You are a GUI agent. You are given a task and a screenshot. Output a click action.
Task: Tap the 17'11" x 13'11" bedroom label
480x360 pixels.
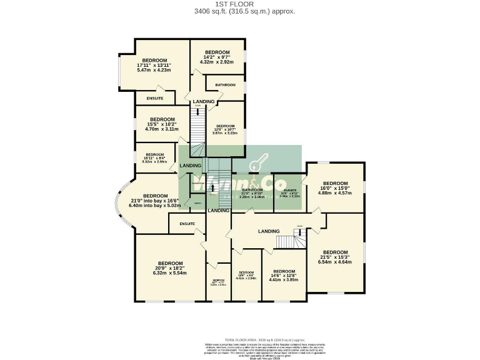pos(153,65)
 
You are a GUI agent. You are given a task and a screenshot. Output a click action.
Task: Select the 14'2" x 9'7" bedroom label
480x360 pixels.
pos(217,57)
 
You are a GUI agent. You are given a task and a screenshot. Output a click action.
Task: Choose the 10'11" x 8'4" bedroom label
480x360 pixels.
pos(154,157)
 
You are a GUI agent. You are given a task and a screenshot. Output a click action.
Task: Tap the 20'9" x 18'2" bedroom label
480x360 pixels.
pos(170,268)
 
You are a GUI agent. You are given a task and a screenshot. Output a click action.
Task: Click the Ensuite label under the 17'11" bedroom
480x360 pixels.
pos(155,99)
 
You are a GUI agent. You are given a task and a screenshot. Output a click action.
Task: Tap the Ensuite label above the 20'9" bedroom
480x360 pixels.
pos(187,223)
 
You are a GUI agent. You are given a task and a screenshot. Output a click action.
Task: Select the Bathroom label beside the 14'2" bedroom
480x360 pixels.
pos(225,85)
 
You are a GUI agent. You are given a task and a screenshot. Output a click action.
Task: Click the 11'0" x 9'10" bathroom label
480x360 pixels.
pos(252,193)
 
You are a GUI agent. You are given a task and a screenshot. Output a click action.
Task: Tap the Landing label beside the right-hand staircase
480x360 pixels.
pos(269,231)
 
